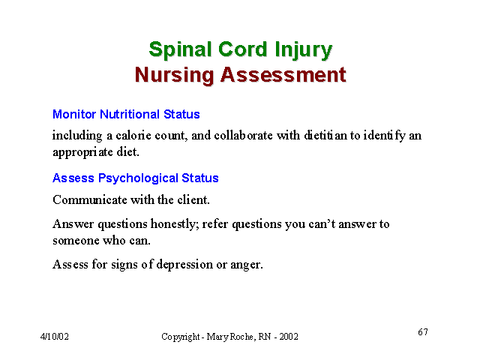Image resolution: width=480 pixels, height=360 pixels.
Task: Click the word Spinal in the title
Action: coord(180,49)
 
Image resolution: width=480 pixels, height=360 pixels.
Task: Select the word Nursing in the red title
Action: coord(174,75)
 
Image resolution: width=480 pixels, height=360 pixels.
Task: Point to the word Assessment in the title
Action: coord(283,74)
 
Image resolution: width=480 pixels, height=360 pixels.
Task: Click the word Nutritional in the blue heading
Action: coord(130,114)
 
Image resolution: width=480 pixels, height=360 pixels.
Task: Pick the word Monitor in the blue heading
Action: coord(74,114)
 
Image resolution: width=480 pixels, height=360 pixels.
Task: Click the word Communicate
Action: coord(90,200)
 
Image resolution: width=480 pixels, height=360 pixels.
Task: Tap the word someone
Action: coord(76,241)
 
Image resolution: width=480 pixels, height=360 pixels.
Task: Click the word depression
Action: coord(184,265)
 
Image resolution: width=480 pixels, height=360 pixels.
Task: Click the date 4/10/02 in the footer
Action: coord(55,337)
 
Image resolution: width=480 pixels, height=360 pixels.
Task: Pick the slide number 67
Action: coord(423,331)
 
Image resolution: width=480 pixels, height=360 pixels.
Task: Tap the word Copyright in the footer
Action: coord(181,337)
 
